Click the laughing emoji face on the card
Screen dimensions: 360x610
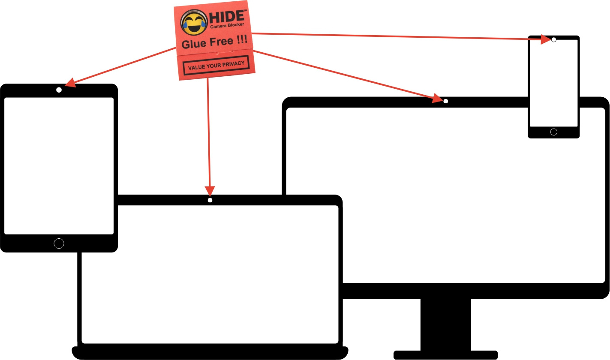tap(193, 23)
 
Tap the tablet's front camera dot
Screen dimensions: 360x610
tap(59, 90)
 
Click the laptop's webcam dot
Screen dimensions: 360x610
tap(210, 200)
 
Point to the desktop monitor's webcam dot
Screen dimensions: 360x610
tap(446, 102)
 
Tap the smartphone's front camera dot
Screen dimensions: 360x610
tap(554, 39)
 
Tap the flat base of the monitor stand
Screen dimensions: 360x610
tap(445, 355)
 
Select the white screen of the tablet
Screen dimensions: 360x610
tap(59, 165)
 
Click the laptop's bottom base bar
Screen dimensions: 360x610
tap(210, 353)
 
